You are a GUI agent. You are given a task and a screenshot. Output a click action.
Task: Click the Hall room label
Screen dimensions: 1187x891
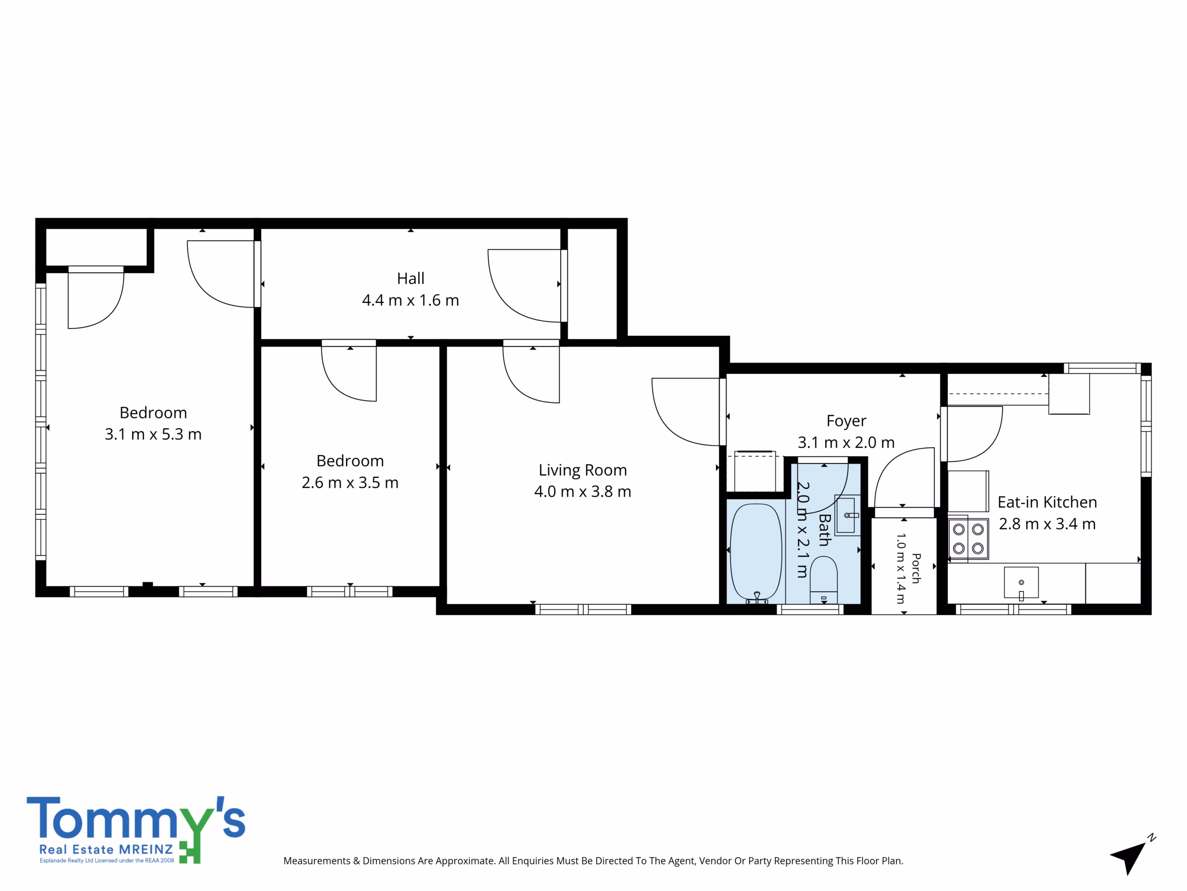click(410, 278)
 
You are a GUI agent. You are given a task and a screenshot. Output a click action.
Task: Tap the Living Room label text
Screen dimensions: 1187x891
click(583, 470)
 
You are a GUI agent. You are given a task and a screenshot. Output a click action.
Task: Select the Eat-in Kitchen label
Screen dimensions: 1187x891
click(1047, 502)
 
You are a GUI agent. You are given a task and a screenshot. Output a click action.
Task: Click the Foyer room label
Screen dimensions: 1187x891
click(846, 421)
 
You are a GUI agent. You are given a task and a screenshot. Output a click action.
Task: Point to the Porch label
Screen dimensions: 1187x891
click(917, 568)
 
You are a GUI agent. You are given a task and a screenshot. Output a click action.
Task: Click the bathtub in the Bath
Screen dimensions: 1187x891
click(756, 552)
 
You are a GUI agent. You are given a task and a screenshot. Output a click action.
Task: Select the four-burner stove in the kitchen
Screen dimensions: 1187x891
click(968, 539)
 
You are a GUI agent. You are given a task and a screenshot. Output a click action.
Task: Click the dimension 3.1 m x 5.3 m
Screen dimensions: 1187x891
click(153, 434)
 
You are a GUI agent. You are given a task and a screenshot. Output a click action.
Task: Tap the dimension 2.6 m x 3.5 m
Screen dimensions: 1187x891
click(350, 482)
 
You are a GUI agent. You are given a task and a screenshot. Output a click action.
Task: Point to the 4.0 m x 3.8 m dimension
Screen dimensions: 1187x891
click(583, 491)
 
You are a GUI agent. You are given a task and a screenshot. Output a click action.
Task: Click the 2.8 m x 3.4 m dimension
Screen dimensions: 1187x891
click(1047, 523)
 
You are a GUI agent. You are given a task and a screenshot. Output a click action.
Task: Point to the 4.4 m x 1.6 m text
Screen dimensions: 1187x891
click(410, 300)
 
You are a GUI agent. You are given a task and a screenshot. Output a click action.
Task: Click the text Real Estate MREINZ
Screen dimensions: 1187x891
click(106, 850)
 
